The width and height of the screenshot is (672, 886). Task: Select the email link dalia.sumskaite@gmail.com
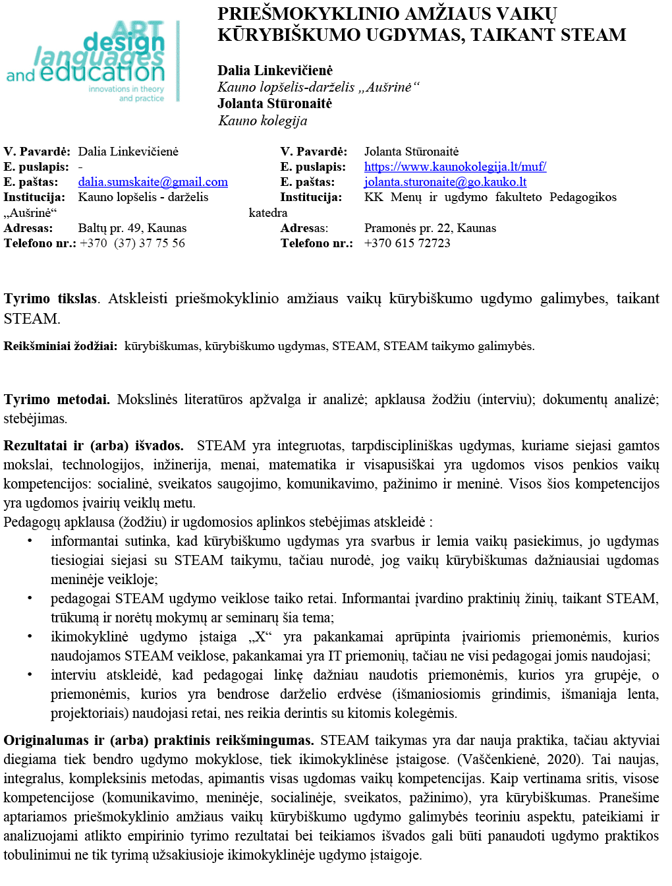coord(153,182)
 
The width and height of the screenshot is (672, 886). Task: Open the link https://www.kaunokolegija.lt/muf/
coord(455,167)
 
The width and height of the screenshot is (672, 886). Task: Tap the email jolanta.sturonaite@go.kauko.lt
coord(445,182)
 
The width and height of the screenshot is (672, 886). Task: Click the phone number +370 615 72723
coord(407,243)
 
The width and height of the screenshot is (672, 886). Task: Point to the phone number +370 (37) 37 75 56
coord(132,243)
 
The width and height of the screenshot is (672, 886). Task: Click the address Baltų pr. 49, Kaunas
coord(132,228)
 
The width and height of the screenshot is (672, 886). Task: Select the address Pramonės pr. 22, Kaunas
coord(430,228)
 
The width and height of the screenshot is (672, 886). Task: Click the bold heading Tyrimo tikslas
coord(50,299)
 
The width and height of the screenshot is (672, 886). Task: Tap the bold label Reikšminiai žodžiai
coord(60,346)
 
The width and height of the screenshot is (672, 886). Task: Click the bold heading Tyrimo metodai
coord(57,399)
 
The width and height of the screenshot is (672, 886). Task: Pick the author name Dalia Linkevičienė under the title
coord(275,71)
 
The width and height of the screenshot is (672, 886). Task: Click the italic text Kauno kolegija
coord(262,121)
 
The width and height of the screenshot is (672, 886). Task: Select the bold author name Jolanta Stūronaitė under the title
coord(274,103)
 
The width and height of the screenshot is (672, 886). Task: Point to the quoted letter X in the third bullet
coord(260,637)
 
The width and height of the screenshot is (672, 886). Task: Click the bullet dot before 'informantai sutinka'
coord(30,541)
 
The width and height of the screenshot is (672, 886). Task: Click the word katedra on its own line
coord(267,213)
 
